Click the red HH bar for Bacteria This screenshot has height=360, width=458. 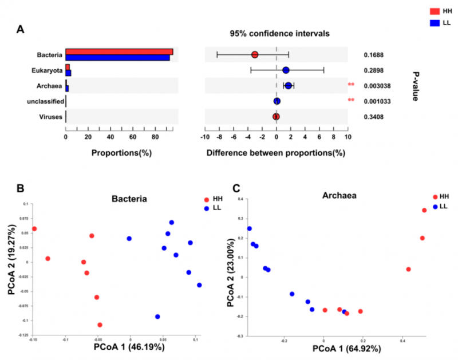pyautogui.click(x=119, y=52)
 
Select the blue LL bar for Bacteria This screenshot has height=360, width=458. pyautogui.click(x=117, y=58)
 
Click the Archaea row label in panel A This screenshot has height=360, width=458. pyautogui.click(x=50, y=86)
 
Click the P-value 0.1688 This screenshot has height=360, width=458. pyautogui.click(x=374, y=55)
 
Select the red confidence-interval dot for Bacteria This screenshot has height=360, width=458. pyautogui.click(x=255, y=55)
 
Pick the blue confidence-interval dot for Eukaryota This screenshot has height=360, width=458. pyautogui.click(x=286, y=70)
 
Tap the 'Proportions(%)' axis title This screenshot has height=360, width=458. pyautogui.click(x=116, y=153)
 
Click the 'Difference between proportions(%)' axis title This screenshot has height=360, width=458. pyautogui.click(x=276, y=153)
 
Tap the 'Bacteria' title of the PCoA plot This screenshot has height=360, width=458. pyautogui.click(x=129, y=199)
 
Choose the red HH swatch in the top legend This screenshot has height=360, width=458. pyautogui.click(x=433, y=11)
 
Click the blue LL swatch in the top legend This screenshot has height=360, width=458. pyautogui.click(x=433, y=22)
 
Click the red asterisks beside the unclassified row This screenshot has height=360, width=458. pyautogui.click(x=351, y=101)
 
